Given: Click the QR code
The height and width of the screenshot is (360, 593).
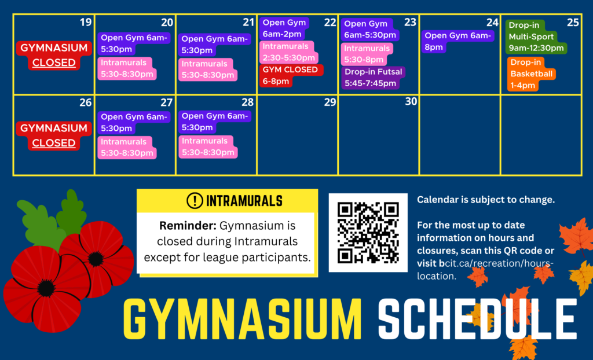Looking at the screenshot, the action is click(x=368, y=233).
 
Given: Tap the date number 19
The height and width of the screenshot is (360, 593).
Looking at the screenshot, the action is click(x=86, y=23).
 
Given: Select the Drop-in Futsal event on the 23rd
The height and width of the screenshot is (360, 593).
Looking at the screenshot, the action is click(x=373, y=78).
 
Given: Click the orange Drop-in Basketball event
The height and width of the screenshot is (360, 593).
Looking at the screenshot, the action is click(x=531, y=74).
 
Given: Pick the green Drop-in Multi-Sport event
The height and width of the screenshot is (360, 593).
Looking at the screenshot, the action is click(x=536, y=36).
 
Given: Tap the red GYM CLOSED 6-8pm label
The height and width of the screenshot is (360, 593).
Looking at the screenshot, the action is click(x=291, y=75).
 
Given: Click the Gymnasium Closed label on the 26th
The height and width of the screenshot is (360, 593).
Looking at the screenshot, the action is click(x=54, y=135).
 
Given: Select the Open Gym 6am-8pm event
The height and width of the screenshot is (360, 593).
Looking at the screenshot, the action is click(x=457, y=41).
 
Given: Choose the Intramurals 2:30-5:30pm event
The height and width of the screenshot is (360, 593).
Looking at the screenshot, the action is click(x=288, y=52).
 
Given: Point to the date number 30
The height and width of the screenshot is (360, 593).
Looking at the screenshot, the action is click(x=411, y=101).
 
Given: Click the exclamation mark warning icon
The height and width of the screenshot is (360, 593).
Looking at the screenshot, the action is click(x=195, y=201).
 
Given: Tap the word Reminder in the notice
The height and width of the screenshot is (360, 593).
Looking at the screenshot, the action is click(x=188, y=226).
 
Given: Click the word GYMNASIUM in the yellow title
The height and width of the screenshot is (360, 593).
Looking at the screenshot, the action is click(x=243, y=319).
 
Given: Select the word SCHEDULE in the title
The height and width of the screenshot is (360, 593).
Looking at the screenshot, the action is click(x=478, y=319).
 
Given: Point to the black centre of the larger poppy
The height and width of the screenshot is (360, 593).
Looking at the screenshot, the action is click(x=46, y=288).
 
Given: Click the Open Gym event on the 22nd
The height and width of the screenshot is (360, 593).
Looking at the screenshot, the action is click(x=284, y=28).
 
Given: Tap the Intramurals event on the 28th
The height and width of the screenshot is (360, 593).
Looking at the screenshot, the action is click(x=208, y=147).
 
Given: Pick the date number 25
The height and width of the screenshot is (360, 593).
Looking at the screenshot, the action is click(x=573, y=23).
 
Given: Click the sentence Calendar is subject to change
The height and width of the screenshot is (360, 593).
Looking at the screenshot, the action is click(x=486, y=200).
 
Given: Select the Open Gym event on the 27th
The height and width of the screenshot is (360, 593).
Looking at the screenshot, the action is click(x=134, y=123).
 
